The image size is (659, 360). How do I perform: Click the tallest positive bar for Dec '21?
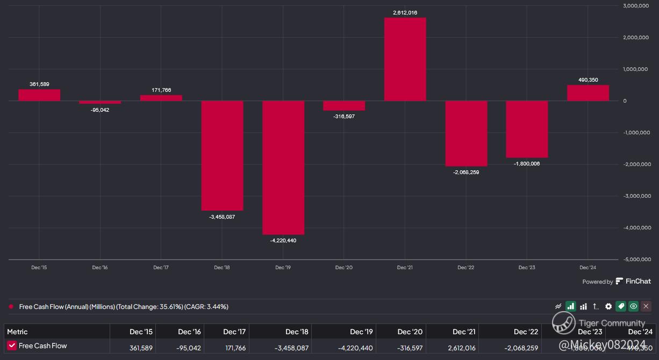405,59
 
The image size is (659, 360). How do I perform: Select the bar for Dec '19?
283,167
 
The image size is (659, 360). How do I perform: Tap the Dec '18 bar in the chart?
222,155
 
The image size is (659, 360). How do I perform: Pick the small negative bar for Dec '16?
100,102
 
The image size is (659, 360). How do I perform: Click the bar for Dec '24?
588,93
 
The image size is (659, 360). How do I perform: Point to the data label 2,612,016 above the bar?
405,12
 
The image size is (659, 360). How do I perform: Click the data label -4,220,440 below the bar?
283,241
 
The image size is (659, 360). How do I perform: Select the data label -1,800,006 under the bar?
526,164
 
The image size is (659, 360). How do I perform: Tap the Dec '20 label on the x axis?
343,268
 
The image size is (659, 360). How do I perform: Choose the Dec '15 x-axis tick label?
39,268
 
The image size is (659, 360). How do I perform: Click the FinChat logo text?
638,281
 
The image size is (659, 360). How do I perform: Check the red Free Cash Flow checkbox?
12,345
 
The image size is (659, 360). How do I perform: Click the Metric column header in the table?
17,332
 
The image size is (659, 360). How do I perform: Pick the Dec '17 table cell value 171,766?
234,348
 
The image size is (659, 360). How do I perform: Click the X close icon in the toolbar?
646,306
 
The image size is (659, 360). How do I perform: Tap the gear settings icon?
608,306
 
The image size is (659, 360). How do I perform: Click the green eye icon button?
634,306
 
